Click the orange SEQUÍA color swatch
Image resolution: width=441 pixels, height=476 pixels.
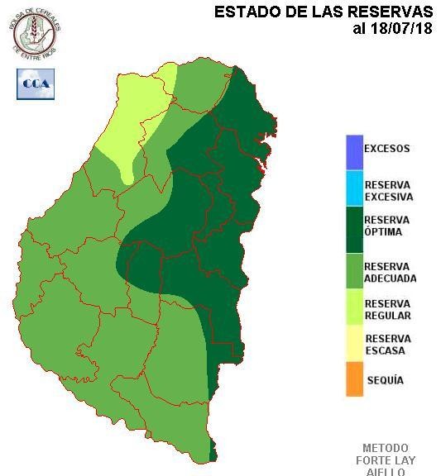point(354,380)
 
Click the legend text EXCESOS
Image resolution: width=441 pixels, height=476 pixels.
point(386,150)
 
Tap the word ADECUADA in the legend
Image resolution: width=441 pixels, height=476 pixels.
point(390,279)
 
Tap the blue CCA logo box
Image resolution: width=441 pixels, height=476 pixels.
point(35,83)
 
